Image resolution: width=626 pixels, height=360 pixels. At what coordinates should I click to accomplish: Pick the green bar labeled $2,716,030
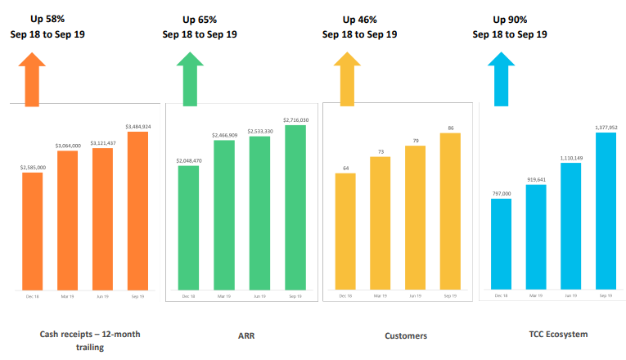[x=295, y=208]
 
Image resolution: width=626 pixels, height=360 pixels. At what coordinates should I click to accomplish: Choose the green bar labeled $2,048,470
[x=188, y=228]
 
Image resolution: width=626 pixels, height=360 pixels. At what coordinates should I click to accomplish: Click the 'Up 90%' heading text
[x=510, y=19]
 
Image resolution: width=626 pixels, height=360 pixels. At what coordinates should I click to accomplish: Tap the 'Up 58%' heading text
[x=47, y=19]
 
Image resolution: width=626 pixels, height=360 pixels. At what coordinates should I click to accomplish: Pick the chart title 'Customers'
[x=406, y=335]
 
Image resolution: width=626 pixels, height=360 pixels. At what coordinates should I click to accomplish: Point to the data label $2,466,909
[x=223, y=134]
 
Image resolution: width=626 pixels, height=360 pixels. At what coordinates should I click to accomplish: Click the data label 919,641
[x=536, y=178]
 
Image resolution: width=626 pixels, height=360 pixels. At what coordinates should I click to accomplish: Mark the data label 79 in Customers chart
[x=416, y=141]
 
